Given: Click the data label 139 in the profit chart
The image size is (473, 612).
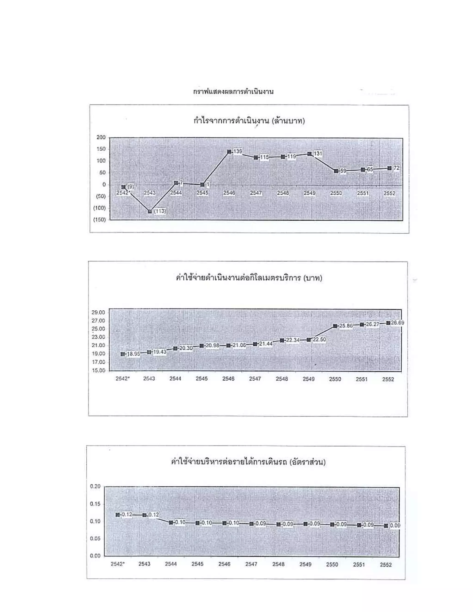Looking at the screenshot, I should click(x=238, y=151).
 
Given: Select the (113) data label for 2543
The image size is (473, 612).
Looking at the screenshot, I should click(x=160, y=211).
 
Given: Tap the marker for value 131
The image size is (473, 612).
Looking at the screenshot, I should click(x=309, y=154).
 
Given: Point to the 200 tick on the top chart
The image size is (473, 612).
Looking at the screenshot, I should click(x=101, y=137).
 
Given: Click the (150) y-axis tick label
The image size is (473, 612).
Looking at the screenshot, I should click(x=100, y=219).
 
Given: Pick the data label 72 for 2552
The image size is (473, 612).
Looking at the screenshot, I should click(x=396, y=168).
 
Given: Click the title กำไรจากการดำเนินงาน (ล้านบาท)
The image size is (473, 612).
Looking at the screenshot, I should click(x=249, y=121).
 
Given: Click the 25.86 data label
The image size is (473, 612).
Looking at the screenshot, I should click(x=346, y=326).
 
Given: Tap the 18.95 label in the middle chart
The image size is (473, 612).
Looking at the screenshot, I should click(x=133, y=354).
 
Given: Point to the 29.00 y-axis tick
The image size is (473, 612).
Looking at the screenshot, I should click(x=98, y=312).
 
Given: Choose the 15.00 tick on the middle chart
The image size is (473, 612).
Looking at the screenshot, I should click(x=98, y=370).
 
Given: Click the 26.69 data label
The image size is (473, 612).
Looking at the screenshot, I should click(x=398, y=323).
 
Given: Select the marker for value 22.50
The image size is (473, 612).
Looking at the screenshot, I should click(x=309, y=340).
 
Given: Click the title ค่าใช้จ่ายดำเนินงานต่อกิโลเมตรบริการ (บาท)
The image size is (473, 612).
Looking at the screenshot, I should click(x=249, y=278).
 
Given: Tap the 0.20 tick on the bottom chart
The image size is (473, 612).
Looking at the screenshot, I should click(x=95, y=486).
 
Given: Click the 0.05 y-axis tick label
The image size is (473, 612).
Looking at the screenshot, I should click(x=95, y=539).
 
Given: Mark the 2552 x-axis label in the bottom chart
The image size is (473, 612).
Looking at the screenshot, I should click(x=385, y=565).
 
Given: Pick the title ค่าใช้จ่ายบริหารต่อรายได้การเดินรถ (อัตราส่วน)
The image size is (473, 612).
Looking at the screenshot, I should click(x=248, y=462).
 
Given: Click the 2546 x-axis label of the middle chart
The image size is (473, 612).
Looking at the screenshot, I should click(x=228, y=379).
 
